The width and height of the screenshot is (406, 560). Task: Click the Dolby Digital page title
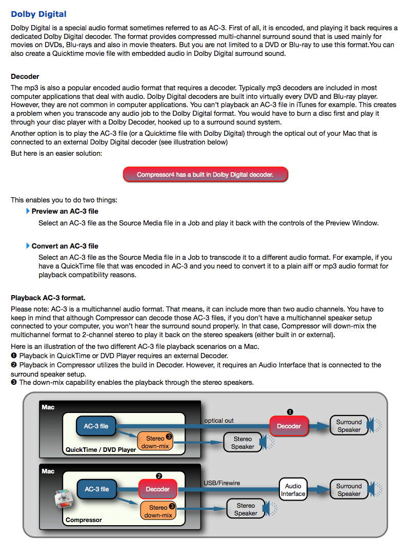point(38,14)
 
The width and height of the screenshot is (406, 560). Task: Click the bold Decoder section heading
point(25,76)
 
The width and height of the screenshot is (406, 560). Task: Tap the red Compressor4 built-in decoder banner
point(205,175)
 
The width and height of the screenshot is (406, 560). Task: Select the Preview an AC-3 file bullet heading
point(65,211)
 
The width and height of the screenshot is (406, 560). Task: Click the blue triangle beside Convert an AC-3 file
point(28,246)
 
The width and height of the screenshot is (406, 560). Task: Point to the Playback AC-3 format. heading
point(48,298)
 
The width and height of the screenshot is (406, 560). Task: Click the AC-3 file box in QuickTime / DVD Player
point(96,426)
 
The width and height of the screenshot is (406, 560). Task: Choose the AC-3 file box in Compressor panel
point(97,489)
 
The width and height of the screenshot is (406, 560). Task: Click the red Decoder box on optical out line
point(289,426)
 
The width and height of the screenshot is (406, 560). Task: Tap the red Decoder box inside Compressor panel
point(157,489)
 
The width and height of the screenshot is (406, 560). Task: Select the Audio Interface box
point(293,490)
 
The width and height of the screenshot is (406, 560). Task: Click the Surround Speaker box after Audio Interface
point(349,490)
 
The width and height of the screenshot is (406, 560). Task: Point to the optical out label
point(219,421)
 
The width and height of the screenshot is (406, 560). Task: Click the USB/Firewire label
point(221,483)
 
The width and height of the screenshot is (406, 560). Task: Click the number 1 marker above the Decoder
point(289,411)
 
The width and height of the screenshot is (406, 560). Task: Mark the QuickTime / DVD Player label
point(101,450)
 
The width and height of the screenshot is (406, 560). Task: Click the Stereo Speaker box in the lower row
point(246,509)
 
